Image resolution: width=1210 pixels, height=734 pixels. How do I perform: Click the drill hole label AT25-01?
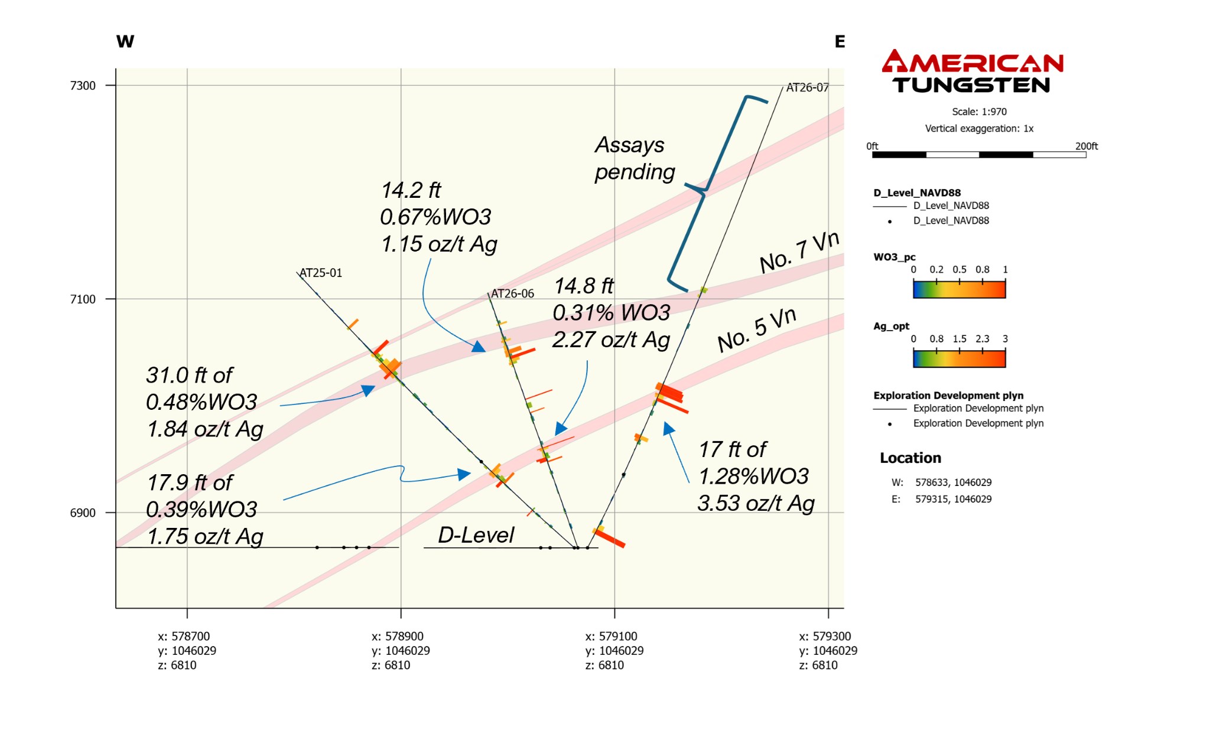(x=321, y=273)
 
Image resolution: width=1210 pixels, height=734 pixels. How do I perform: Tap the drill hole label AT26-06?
(x=512, y=293)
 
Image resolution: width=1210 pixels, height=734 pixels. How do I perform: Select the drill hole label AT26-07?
(x=807, y=87)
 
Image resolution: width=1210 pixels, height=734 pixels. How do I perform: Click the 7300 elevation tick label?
(x=83, y=86)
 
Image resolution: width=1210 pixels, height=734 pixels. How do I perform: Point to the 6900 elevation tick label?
(x=83, y=513)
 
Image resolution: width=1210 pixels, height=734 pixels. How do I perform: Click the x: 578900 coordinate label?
(x=397, y=636)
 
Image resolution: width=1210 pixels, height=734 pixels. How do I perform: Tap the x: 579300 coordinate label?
(x=825, y=636)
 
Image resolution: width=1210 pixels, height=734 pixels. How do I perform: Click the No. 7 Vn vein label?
(x=799, y=252)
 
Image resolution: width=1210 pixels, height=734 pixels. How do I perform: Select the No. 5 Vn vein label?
(x=756, y=331)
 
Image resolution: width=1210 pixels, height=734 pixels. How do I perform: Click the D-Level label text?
(x=476, y=535)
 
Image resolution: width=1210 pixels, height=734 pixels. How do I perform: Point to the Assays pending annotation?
(x=634, y=158)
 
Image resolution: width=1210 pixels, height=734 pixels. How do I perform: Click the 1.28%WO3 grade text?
(x=753, y=476)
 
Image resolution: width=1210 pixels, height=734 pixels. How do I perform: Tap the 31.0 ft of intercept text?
(x=189, y=375)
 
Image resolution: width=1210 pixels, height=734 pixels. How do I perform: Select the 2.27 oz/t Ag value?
(x=611, y=340)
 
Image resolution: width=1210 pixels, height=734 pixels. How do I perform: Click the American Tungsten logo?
(x=972, y=71)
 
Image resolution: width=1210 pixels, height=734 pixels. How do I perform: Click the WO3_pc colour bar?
(x=959, y=289)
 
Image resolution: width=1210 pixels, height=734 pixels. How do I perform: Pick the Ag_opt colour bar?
(x=959, y=358)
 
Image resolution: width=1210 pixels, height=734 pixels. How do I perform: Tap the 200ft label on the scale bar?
(x=1086, y=146)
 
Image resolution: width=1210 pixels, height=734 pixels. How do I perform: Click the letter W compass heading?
(x=125, y=41)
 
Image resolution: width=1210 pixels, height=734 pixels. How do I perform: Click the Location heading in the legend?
(x=910, y=458)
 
